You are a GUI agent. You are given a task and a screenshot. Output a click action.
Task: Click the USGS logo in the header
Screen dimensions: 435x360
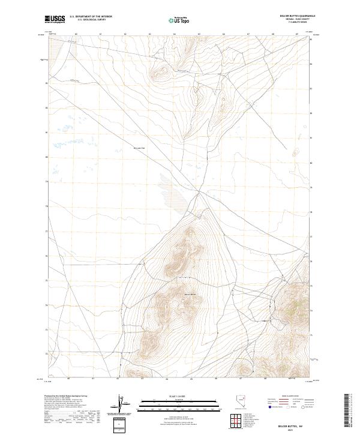pyautogui.click(x=55, y=19)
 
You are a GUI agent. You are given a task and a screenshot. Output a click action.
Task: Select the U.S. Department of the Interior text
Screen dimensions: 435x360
pyautogui.click(x=91, y=16)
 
